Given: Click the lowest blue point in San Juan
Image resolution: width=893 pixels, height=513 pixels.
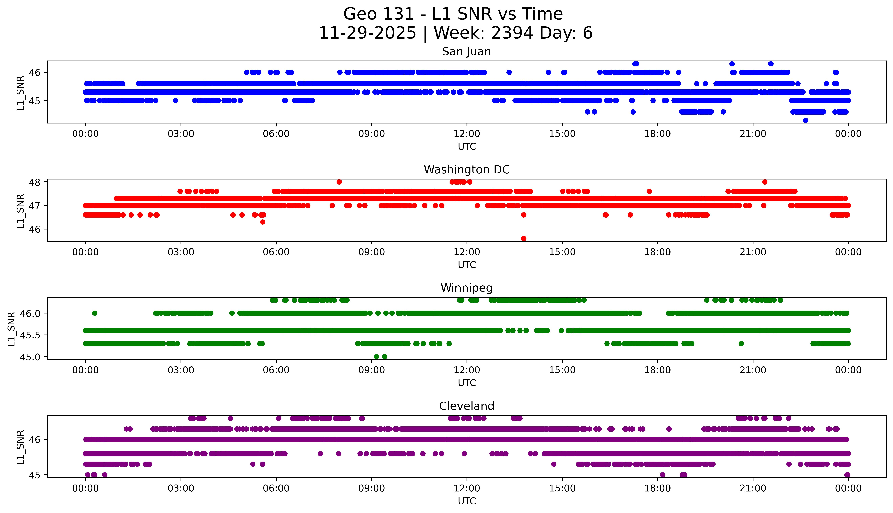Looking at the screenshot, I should (x=805, y=120).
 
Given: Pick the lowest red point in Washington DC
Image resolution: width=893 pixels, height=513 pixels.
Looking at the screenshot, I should (x=524, y=238).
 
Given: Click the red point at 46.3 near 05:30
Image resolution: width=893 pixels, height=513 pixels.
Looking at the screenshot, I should (x=263, y=222).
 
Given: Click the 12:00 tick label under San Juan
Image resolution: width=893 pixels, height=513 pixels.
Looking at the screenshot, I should (x=467, y=134).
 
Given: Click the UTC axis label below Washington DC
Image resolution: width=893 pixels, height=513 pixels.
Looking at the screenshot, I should (x=467, y=265).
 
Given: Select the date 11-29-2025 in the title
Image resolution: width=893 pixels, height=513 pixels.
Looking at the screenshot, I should (x=367, y=33).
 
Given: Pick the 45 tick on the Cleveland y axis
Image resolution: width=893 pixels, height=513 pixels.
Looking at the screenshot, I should (x=35, y=475).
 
